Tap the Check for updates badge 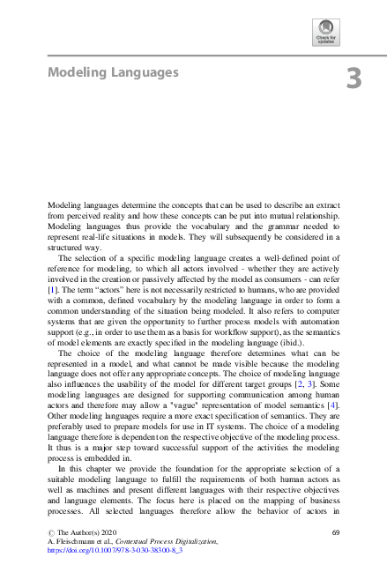(x=325, y=33)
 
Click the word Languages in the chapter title (x=142, y=71)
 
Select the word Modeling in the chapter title (x=75, y=71)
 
